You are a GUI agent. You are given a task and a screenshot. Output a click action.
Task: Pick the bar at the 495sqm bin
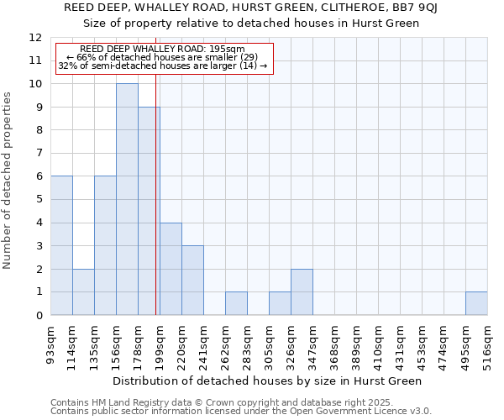click(476, 303)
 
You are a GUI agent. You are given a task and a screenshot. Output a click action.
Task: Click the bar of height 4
click(171, 269)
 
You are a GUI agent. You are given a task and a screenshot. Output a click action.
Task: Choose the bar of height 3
click(192, 280)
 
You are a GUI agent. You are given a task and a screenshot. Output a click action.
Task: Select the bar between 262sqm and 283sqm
click(236, 303)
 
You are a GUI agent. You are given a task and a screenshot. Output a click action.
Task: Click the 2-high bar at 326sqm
click(302, 291)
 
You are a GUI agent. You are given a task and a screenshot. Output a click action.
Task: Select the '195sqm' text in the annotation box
click(228, 50)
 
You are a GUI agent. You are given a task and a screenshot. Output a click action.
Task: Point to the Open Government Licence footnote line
click(241, 412)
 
